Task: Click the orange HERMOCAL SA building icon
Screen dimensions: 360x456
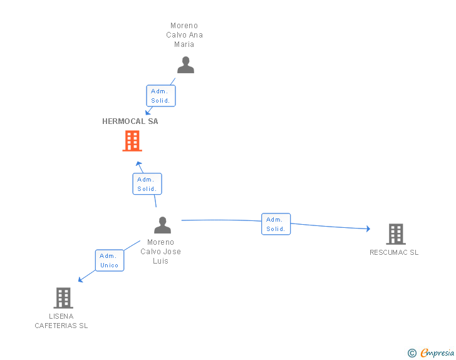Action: click(x=132, y=141)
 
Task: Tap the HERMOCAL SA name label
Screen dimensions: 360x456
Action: click(x=130, y=121)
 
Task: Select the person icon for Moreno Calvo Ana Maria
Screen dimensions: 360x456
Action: click(x=185, y=65)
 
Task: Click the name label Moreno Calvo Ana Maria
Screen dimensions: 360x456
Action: click(x=185, y=35)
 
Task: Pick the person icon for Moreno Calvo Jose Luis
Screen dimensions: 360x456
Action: click(x=162, y=225)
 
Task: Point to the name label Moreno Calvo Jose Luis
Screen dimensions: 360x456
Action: click(x=161, y=252)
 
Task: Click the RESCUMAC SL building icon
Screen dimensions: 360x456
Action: click(x=395, y=234)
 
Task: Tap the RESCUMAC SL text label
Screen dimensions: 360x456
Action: click(x=394, y=253)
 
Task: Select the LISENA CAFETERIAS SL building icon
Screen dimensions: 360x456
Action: click(x=63, y=298)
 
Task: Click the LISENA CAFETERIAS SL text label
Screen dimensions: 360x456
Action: click(x=61, y=321)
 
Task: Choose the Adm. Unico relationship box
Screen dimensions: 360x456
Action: click(x=110, y=260)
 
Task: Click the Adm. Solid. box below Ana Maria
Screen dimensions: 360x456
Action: click(x=160, y=96)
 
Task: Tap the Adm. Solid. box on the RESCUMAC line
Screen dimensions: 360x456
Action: click(x=276, y=224)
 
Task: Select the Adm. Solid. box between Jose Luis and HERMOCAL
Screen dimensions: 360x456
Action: click(x=147, y=184)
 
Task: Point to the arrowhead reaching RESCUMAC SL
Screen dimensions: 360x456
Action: click(x=368, y=229)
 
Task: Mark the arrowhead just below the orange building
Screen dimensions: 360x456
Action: click(x=139, y=163)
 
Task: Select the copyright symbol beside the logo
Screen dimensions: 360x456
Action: click(x=412, y=353)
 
